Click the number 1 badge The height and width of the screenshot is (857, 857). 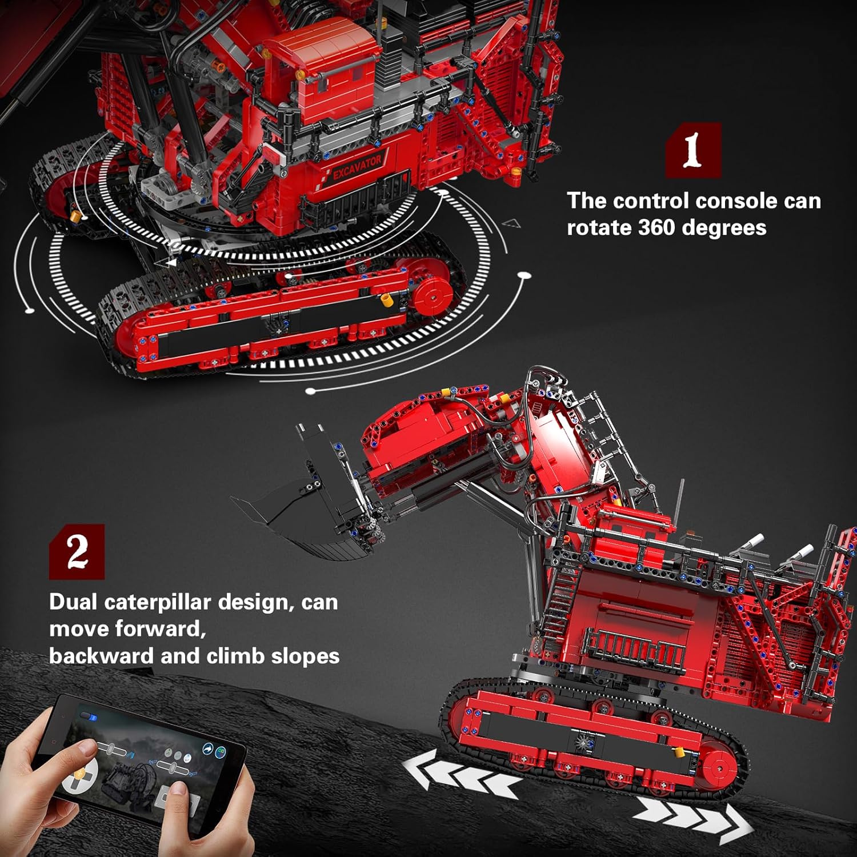pos(693,150)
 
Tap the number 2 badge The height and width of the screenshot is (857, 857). pos(77,551)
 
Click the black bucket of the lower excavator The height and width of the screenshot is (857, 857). pos(304,503)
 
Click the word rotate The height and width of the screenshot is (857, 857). pos(599,228)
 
